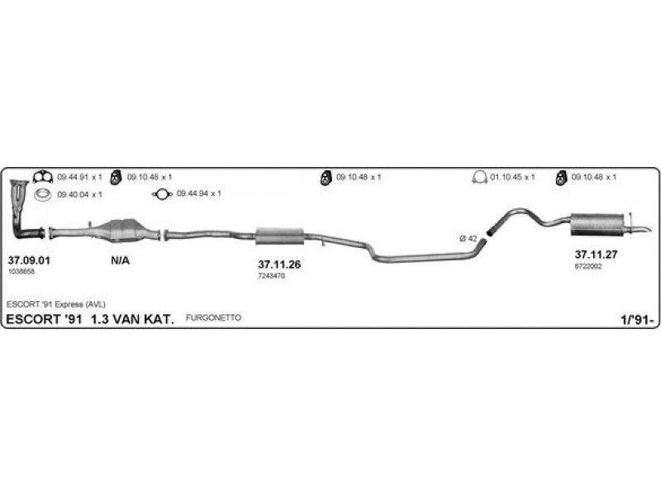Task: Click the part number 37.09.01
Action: (x=29, y=260)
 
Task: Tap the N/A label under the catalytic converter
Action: (x=119, y=260)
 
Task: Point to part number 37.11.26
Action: (x=279, y=265)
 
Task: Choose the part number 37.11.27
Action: (x=596, y=255)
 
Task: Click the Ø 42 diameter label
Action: (x=468, y=238)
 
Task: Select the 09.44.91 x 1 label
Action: (x=79, y=177)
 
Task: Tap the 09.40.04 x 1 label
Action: (x=79, y=194)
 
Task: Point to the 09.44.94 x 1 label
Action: (x=198, y=194)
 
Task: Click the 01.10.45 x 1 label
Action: (x=513, y=177)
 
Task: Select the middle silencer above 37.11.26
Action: (x=280, y=236)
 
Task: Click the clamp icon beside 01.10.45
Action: (x=478, y=177)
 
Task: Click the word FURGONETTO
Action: (x=213, y=317)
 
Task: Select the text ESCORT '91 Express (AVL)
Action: (x=56, y=304)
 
